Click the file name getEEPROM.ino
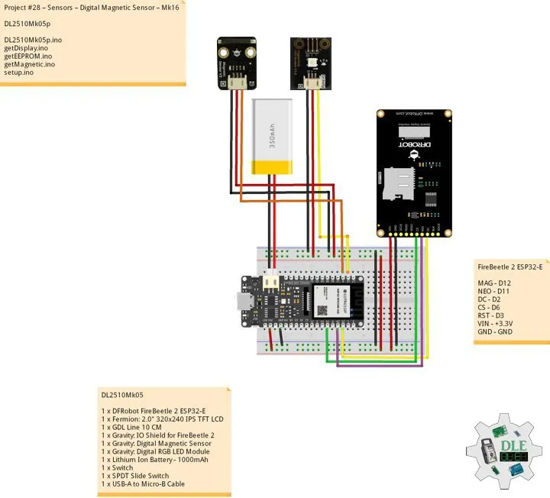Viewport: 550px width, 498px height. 28,56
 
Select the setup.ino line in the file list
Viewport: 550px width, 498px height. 19,73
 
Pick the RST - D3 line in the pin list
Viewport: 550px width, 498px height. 494,315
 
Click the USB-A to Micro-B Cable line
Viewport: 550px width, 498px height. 143,483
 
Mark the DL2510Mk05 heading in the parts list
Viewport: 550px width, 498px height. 122,395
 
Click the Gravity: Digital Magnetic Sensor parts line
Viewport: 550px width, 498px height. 157,443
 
